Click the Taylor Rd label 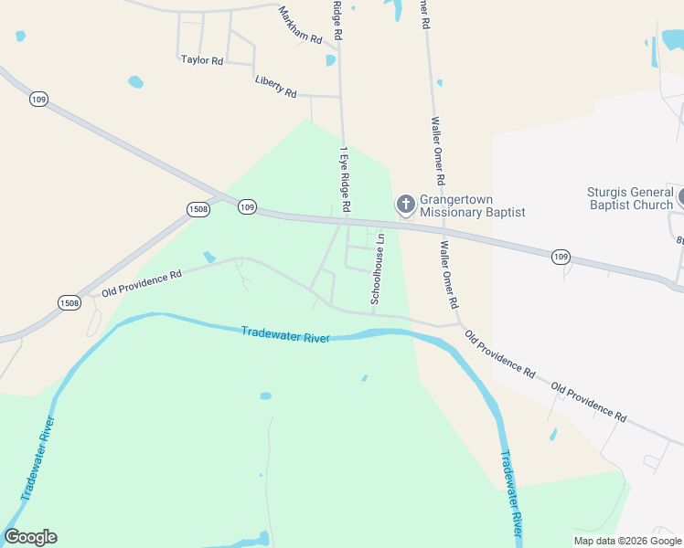[x=202, y=60]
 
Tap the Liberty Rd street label [x=276, y=87]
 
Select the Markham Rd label [x=301, y=26]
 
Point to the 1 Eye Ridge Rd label [x=345, y=179]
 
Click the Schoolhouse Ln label [x=378, y=269]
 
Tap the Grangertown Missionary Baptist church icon [x=405, y=203]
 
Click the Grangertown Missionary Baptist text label [x=472, y=206]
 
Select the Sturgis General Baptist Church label [x=629, y=198]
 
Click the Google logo [x=30, y=537]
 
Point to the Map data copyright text [x=627, y=541]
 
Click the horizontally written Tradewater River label [x=285, y=334]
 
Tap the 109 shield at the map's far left [x=37, y=99]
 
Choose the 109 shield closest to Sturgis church [x=561, y=258]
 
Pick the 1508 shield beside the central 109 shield [x=198, y=209]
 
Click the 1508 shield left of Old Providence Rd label [x=69, y=302]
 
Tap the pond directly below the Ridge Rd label [x=331, y=60]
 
